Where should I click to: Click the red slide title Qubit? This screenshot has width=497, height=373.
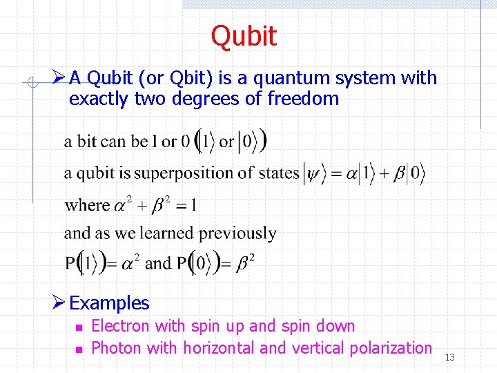point(244,37)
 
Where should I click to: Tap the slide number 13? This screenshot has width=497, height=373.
point(450,357)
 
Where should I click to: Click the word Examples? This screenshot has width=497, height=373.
point(109,303)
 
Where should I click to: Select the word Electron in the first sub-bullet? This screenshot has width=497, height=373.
point(120,326)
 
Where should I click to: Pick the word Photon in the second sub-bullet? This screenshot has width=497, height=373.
point(115,347)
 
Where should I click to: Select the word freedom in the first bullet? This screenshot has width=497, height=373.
point(303,99)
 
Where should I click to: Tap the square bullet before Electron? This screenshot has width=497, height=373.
point(79,327)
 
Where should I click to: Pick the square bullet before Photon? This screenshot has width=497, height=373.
point(79,349)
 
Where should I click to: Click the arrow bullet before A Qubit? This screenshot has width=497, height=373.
point(59,77)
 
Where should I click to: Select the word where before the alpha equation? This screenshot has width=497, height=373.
point(87,205)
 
